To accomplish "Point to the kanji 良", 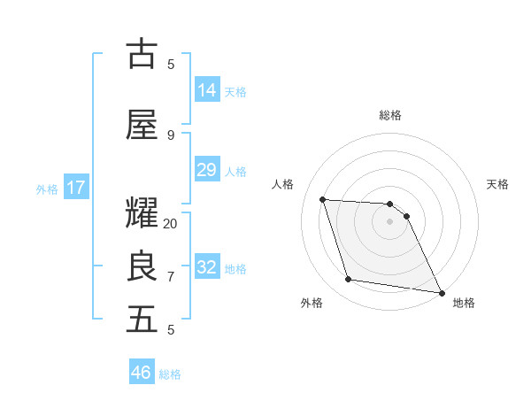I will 142,266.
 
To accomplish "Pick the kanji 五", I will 142,320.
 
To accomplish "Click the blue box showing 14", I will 206,90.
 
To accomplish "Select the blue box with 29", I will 206,170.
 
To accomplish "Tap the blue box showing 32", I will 206,267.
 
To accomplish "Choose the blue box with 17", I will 75,188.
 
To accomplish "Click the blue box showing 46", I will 142,373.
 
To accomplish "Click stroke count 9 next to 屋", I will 171,135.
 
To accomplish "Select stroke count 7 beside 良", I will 171,276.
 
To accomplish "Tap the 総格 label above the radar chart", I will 390,115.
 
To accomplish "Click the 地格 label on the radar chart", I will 464,303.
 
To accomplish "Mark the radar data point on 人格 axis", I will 323,199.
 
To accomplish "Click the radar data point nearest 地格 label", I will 440,292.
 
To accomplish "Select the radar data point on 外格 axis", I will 349,280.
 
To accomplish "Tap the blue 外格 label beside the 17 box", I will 47,189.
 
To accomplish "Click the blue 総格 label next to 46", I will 170,374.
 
